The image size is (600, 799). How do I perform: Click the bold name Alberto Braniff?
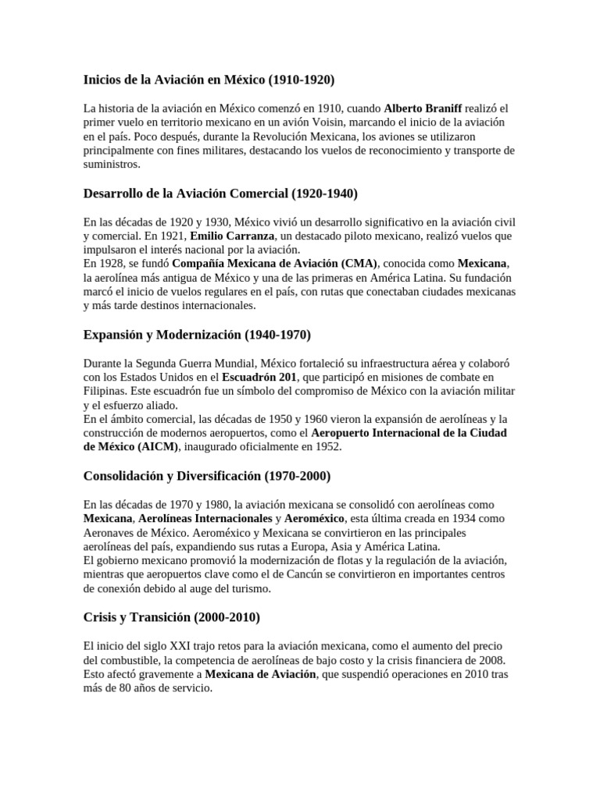click(x=423, y=108)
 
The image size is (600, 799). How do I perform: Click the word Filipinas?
click(x=105, y=391)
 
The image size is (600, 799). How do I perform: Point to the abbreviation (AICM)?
click(x=159, y=447)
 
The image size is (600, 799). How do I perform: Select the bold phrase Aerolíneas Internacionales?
click(x=205, y=518)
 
